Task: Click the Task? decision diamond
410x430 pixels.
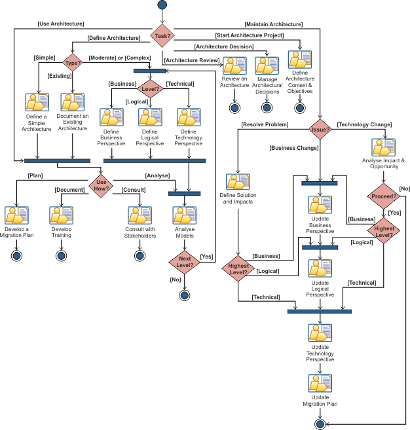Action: [162, 36]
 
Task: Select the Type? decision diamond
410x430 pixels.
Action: [72, 63]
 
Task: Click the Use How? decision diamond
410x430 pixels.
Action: [102, 185]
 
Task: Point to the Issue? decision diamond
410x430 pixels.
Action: [320, 130]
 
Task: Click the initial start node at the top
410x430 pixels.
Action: [162, 6]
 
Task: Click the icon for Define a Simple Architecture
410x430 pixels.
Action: [37, 103]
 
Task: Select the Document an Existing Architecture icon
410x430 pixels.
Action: [73, 103]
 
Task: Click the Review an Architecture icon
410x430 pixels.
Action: [234, 66]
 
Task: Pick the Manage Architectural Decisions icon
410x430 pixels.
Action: [267, 66]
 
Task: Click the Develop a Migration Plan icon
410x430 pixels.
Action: [16, 216]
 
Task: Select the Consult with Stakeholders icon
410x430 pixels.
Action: [139, 216]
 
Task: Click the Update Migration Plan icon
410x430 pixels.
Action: [320, 383]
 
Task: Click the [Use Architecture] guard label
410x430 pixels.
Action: [62, 24]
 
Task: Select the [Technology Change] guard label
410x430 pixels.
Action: [364, 124]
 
